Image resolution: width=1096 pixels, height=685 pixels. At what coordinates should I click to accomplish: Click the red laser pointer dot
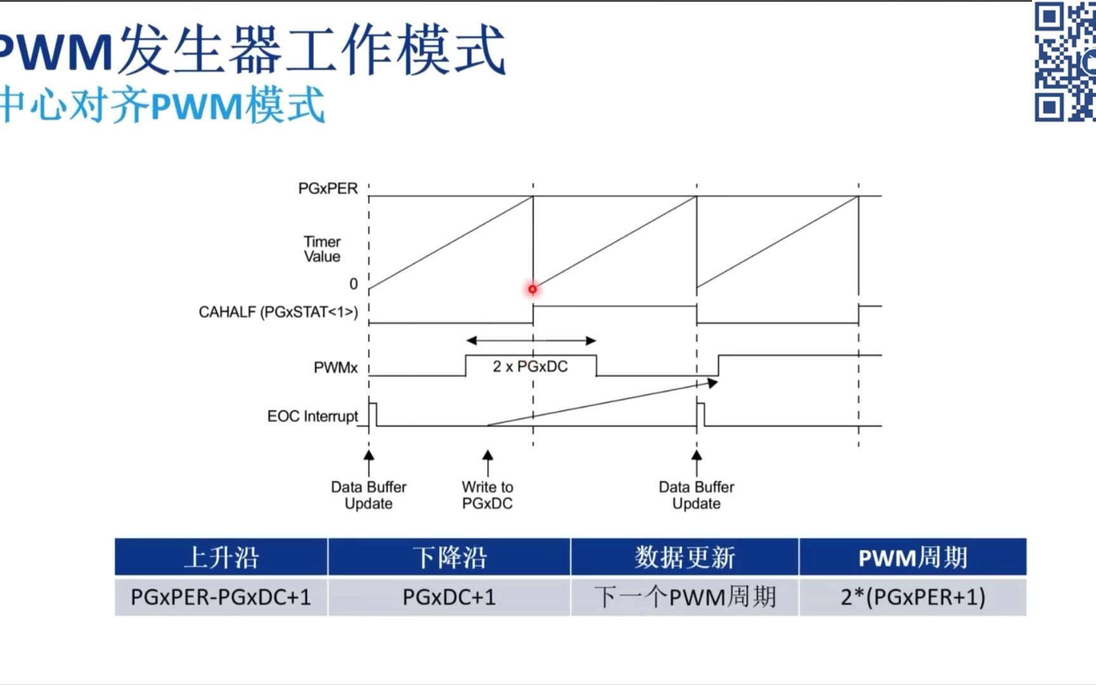533,289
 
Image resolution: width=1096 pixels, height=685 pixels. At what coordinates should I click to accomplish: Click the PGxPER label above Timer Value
328,188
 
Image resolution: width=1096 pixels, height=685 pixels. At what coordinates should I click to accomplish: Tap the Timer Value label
322,249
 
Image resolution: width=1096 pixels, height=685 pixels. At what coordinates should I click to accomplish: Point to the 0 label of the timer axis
353,284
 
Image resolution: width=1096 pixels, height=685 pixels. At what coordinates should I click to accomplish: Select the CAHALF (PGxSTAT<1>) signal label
278,312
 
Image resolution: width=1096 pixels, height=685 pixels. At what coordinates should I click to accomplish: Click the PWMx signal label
336,368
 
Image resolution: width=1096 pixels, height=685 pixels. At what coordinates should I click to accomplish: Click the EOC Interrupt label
313,416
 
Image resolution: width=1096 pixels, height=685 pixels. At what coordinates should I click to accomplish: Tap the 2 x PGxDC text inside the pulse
530,367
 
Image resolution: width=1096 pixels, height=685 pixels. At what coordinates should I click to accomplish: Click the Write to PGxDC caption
487,495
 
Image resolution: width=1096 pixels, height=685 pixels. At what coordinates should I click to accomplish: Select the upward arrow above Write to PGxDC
488,463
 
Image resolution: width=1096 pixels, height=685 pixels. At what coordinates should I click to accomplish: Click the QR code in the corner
1065,62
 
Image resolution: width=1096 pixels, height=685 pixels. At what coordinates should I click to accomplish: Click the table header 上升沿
221,558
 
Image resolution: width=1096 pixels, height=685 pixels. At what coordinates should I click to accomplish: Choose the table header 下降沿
449,558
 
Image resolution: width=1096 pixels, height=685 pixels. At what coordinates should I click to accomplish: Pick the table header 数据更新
684,558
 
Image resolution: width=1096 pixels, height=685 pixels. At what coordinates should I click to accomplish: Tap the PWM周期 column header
912,558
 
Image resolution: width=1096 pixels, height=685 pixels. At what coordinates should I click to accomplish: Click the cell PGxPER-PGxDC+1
221,597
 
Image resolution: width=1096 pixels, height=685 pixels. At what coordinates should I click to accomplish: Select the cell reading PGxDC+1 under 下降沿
449,597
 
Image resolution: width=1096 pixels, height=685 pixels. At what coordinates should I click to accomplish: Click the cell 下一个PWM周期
684,597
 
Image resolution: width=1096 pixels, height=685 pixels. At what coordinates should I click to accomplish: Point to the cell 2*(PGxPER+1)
912,597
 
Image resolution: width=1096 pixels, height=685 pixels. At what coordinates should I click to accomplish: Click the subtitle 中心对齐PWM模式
162,105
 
